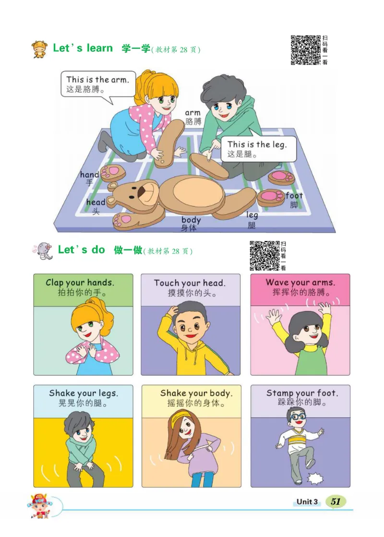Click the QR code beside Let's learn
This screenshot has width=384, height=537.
click(306, 49)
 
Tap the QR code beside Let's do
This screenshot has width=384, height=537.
click(264, 256)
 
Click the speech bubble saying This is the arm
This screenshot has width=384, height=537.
click(98, 84)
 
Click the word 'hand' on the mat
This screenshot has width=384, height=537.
click(89, 175)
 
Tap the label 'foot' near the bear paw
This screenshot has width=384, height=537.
click(294, 195)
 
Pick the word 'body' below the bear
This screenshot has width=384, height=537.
click(191, 220)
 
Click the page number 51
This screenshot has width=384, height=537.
click(336, 501)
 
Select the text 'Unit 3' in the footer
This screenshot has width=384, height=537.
click(307, 502)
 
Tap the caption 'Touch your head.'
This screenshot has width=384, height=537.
click(190, 283)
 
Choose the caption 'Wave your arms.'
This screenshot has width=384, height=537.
click(300, 282)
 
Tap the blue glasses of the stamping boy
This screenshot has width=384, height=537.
click(296, 416)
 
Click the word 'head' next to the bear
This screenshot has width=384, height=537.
click(96, 202)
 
